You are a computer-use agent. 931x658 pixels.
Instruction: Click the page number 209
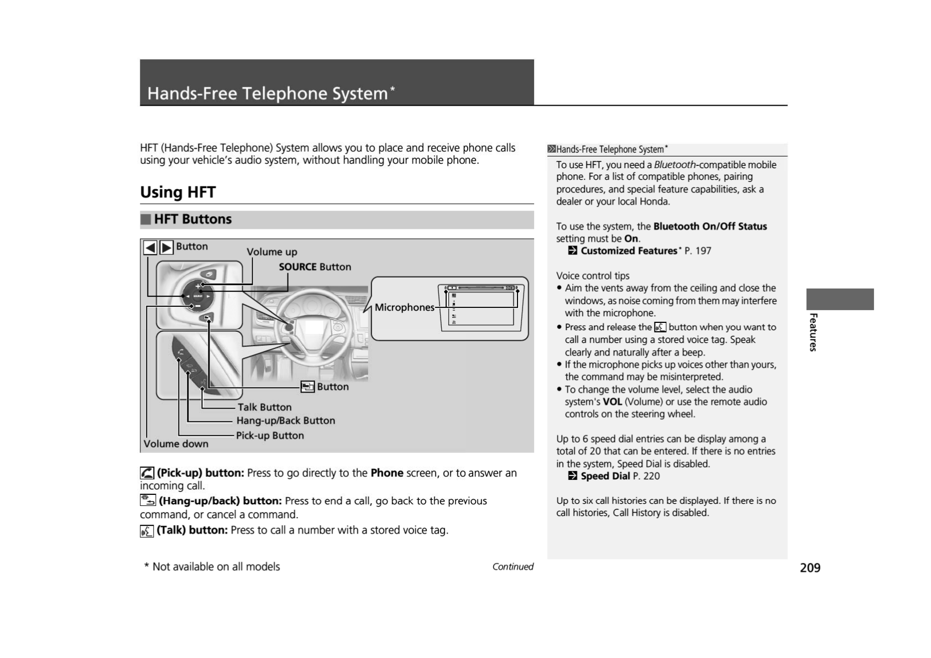click(810, 568)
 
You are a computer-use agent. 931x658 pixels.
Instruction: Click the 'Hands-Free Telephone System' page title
click(268, 93)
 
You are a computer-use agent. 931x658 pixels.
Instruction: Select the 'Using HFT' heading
click(177, 192)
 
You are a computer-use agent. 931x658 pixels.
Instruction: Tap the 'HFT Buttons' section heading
click(192, 220)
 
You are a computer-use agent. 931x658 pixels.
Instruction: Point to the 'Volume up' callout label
click(271, 252)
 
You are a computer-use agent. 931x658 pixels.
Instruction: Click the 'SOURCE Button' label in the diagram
click(315, 267)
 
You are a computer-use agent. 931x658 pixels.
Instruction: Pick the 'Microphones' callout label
click(404, 307)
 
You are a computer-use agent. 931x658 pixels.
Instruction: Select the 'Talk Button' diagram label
click(264, 408)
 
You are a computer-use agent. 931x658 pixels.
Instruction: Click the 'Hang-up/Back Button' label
click(285, 421)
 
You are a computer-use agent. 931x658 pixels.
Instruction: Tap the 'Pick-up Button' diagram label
click(270, 436)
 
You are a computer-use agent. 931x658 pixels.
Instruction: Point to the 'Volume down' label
click(176, 444)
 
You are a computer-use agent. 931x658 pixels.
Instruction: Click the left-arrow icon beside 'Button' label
click(150, 247)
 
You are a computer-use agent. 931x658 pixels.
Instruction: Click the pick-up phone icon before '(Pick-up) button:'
click(147, 473)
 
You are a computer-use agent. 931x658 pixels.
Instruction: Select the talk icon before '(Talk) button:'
click(147, 531)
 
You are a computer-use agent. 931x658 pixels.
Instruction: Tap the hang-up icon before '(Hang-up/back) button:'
click(148, 501)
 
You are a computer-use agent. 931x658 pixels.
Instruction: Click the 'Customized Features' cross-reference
click(628, 251)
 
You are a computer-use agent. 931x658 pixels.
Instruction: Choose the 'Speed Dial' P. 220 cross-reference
click(605, 477)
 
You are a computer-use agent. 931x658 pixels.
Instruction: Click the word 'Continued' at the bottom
click(512, 567)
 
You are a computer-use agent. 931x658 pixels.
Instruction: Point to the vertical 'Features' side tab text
click(813, 332)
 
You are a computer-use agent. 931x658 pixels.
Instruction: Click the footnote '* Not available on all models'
click(212, 567)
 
